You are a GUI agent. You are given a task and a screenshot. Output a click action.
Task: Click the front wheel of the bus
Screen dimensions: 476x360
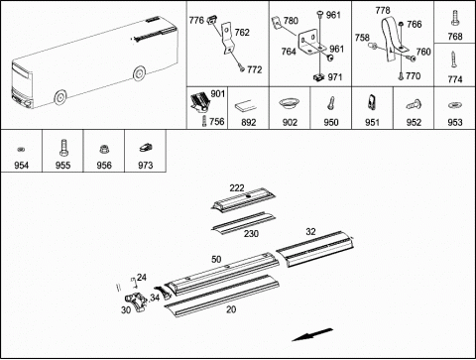pos(60,97)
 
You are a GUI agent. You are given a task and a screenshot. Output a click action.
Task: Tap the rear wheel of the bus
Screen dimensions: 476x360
pos(139,73)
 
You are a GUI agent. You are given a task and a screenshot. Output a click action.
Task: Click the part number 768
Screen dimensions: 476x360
pos(455,37)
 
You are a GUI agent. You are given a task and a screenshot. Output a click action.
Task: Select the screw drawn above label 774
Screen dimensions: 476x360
pos(454,60)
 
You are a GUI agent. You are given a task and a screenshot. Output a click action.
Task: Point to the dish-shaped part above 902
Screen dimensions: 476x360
pos(289,103)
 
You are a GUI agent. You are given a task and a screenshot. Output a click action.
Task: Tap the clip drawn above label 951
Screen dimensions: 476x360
pos(372,102)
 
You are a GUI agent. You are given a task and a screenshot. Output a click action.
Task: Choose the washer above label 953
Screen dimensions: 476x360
pos(454,105)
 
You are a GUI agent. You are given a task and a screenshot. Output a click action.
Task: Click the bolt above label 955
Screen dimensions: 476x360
pos(62,148)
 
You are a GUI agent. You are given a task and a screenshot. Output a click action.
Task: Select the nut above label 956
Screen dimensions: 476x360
pos(104,150)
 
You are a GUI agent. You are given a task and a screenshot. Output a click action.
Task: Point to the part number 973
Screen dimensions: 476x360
pos(145,165)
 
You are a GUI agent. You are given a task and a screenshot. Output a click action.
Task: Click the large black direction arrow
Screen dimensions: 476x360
pos(312,334)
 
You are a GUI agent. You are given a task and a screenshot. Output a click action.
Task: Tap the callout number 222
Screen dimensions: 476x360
pos(237,188)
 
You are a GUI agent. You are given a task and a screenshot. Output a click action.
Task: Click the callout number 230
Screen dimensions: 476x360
pos(251,234)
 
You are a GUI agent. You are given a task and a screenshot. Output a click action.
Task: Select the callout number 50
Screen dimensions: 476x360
pos(216,259)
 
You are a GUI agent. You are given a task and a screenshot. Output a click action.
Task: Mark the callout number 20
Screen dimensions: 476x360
pos(231,309)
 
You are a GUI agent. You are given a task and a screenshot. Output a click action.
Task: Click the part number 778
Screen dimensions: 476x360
pos(383,11)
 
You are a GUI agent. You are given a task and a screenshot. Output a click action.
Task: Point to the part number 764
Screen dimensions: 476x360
pos(289,52)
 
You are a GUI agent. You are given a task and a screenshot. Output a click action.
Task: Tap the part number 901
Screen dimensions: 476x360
pos(218,94)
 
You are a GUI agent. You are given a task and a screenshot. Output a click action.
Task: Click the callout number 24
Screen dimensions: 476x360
pos(142,278)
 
